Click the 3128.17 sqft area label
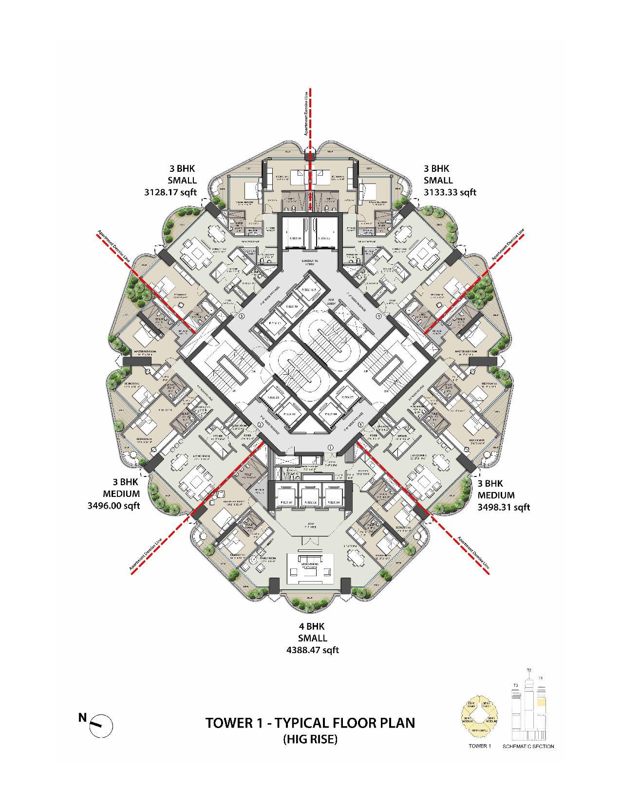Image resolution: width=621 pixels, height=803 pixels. click(x=170, y=192)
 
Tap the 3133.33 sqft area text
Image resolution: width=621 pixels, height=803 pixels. click(x=450, y=192)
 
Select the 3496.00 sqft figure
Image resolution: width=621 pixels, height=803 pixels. click(x=113, y=506)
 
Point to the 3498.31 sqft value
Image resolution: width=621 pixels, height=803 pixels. click(x=504, y=507)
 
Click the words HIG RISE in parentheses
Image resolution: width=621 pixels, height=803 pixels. click(x=310, y=739)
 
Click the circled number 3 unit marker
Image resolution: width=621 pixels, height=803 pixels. click(x=242, y=316)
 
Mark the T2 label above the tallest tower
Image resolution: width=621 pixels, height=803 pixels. click(x=529, y=671)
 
